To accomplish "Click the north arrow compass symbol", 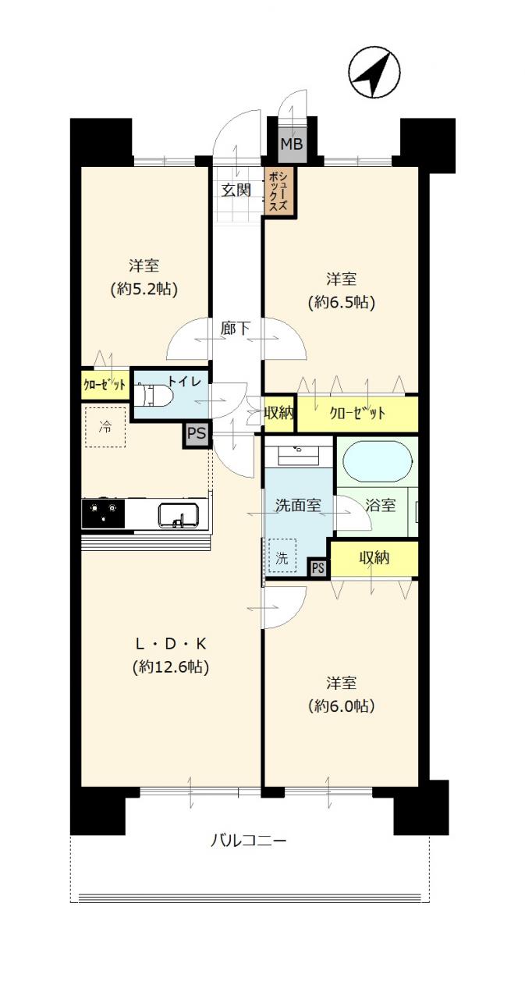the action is [374, 73].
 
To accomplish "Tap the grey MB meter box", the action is [292, 144].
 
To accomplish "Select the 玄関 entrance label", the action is [236, 190].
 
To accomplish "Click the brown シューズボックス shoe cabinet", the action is [279, 192].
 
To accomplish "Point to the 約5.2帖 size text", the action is [144, 290].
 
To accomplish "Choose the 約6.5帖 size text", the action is [341, 303].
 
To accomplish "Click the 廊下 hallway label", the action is [235, 329].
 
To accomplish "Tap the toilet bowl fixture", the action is [153, 395].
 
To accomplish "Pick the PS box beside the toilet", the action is [197, 433].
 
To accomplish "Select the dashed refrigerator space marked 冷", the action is [105, 427].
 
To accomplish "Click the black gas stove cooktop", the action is [103, 514].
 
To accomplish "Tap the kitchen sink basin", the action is [178, 516].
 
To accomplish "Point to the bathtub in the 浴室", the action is [378, 462].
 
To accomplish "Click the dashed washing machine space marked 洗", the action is [282, 556].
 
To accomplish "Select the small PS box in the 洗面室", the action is [317, 567].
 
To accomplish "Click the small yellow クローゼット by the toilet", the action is [105, 384].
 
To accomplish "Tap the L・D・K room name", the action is [171, 644].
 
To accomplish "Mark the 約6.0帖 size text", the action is [341, 706].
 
